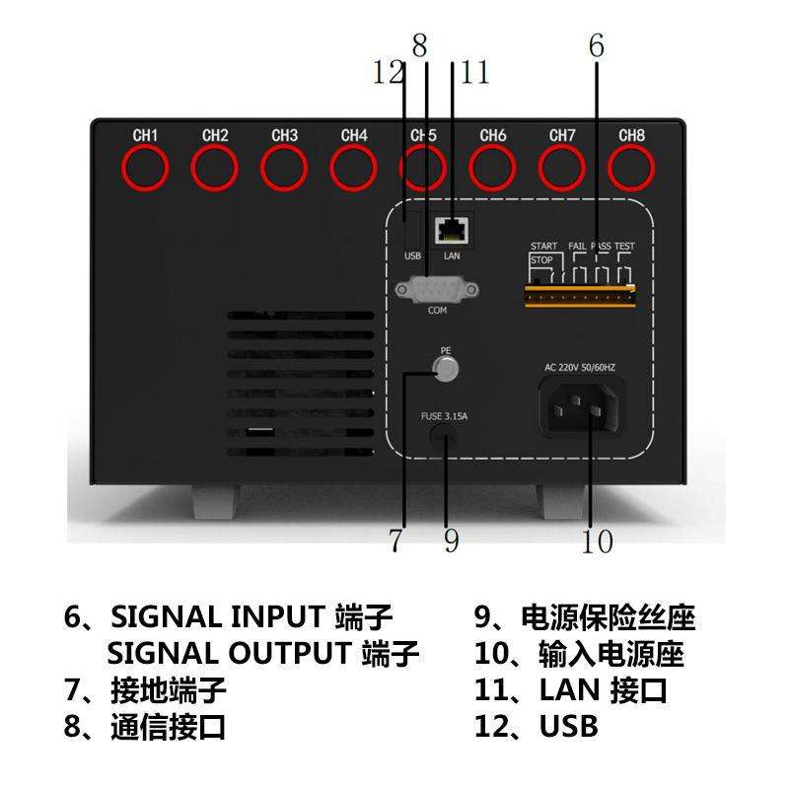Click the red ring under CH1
pyautogui.click(x=145, y=169)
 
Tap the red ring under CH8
pyautogui.click(x=632, y=169)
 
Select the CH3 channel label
pyautogui.click(x=284, y=135)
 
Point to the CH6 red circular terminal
pyautogui.click(x=493, y=169)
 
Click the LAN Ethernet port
pyautogui.click(x=452, y=230)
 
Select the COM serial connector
pyautogui.click(x=436, y=290)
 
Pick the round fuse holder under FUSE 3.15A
pyautogui.click(x=446, y=440)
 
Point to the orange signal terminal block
pyautogui.click(x=580, y=294)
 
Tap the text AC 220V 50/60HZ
pyautogui.click(x=594, y=367)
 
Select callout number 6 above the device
pyautogui.click(x=596, y=45)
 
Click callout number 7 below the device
pyautogui.click(x=395, y=540)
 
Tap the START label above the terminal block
pyautogui.click(x=544, y=246)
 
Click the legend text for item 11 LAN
pyautogui.click(x=570, y=689)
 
